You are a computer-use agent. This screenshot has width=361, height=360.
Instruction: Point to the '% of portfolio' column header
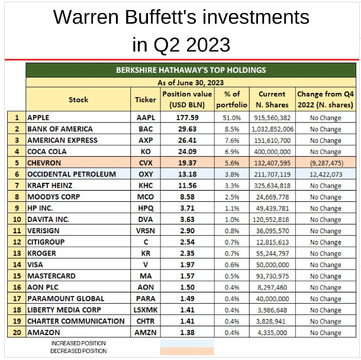pos(231,99)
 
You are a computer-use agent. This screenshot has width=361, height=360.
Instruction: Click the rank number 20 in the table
pos(17,332)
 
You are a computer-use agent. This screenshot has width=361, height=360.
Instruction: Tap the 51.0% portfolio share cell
pos(231,117)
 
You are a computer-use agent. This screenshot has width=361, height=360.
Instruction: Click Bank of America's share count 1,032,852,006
pos(272,128)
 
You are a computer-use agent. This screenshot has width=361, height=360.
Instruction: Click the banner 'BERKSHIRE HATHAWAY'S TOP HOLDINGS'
pos(191,70)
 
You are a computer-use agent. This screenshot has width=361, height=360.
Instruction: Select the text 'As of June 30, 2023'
pos(191,82)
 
